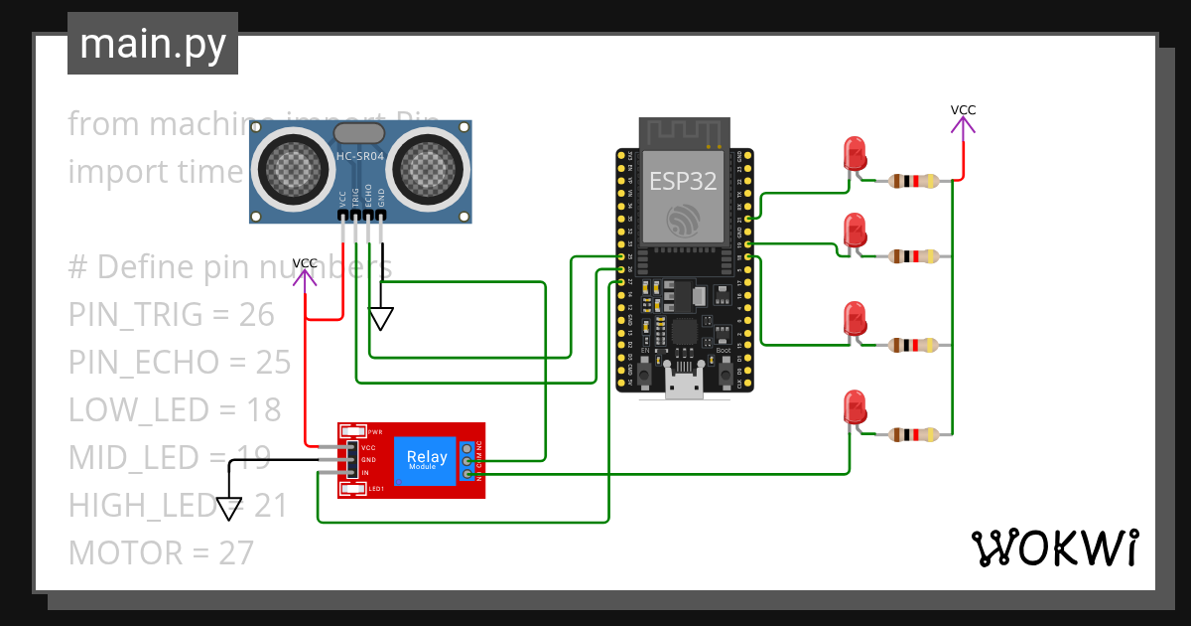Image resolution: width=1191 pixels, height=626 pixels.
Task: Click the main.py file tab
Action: pyautogui.click(x=152, y=44)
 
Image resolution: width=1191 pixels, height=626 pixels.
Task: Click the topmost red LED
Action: pyautogui.click(x=855, y=154)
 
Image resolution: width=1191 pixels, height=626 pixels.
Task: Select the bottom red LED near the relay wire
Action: pyautogui.click(x=854, y=407)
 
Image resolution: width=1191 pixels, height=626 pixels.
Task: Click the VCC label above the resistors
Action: pyautogui.click(x=963, y=110)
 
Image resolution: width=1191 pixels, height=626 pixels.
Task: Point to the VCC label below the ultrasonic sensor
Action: pyautogui.click(x=306, y=262)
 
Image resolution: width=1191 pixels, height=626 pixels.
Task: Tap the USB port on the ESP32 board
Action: pyautogui.click(x=684, y=386)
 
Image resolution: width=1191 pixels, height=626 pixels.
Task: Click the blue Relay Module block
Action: pyautogui.click(x=427, y=461)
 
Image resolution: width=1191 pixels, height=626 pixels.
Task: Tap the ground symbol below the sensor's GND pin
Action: pyautogui.click(x=381, y=319)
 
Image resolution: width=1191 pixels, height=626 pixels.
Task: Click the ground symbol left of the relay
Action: pyautogui.click(x=229, y=508)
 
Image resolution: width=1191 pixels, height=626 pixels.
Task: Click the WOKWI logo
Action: pyautogui.click(x=1053, y=548)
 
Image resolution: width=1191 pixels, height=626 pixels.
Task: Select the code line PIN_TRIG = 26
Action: pyautogui.click(x=171, y=314)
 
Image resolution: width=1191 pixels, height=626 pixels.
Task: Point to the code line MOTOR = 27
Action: pyautogui.click(x=161, y=552)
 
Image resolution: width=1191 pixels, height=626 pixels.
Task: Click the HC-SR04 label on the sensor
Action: pyautogui.click(x=359, y=157)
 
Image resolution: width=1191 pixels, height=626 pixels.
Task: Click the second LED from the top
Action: pyautogui.click(x=855, y=231)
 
